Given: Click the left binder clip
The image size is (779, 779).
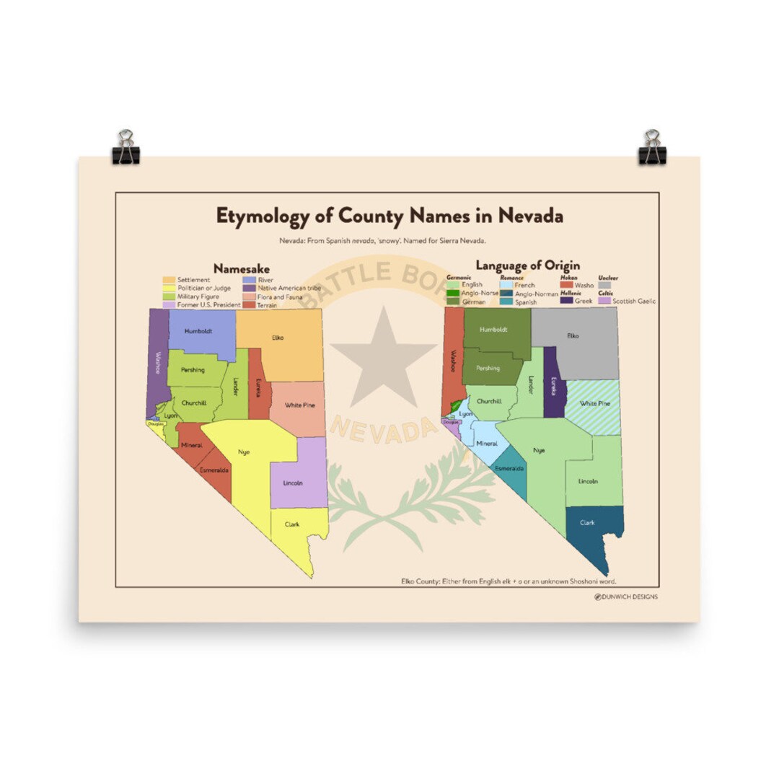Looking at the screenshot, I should [126, 148].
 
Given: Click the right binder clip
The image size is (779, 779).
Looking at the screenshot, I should [652, 148].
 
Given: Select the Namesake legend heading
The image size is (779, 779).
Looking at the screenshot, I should [241, 269].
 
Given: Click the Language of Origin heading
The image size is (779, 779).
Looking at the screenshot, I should [527, 266].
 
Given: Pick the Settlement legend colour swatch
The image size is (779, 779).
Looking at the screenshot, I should [169, 280].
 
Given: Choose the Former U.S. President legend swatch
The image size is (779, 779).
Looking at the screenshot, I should [169, 305].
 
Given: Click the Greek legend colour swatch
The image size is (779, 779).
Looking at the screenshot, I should [566, 301].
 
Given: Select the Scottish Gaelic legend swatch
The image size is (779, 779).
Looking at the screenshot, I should [604, 301].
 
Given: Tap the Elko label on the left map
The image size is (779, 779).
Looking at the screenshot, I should [278, 337].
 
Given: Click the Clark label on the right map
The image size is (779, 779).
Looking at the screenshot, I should [587, 522].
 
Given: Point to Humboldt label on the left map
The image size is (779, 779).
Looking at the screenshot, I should [197, 332].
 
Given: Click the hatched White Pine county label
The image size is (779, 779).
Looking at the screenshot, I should [595, 404].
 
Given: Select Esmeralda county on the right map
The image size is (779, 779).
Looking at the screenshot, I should [509, 469].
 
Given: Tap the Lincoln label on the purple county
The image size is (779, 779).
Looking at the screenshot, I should [293, 483].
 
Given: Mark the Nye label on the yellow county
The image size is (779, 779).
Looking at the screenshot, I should [243, 452].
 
